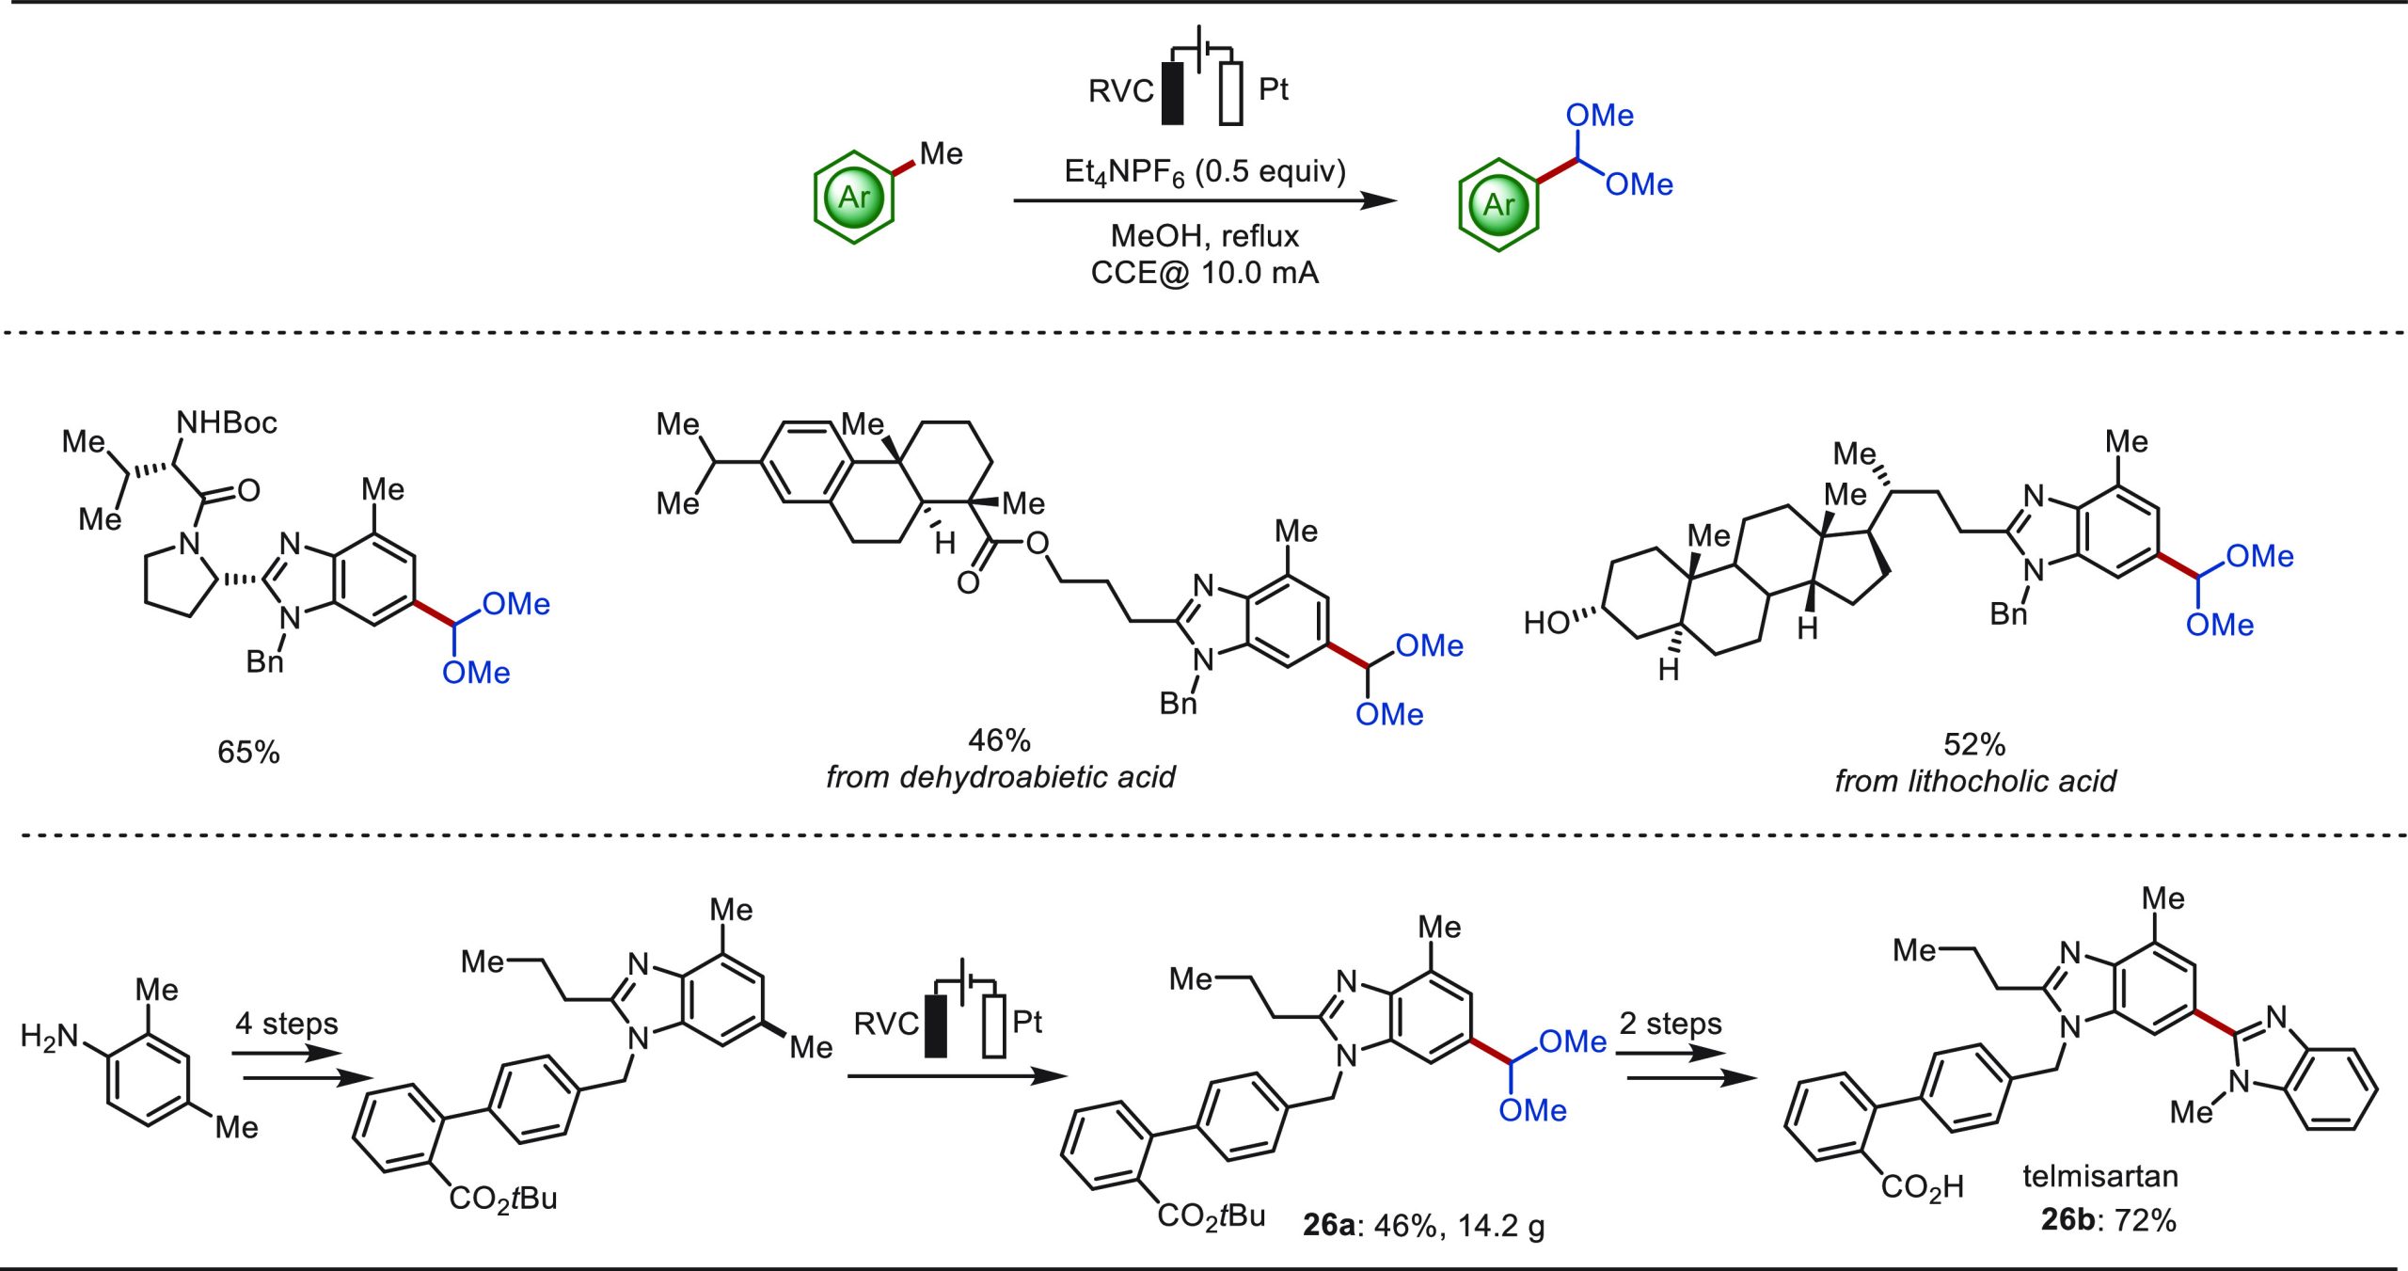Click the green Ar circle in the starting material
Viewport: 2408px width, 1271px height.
[853, 198]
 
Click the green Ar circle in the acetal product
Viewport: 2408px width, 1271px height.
[1498, 203]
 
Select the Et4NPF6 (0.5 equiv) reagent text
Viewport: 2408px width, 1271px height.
[1205, 172]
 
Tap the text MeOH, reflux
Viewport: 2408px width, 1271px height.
[1204, 235]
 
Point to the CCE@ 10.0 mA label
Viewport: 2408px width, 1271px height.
[1204, 273]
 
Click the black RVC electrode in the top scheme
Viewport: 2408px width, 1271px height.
[1172, 93]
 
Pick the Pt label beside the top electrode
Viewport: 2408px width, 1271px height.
[1273, 89]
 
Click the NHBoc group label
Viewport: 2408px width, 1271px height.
[227, 422]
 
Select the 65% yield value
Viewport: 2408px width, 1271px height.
[248, 752]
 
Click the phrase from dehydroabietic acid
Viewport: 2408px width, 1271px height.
[1000, 777]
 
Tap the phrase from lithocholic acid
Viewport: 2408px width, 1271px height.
[1974, 781]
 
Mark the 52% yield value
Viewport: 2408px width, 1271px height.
[1974, 745]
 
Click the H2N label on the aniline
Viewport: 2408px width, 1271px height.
[49, 1037]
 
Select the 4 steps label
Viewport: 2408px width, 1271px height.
[286, 1023]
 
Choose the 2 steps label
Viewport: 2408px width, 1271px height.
[1670, 1023]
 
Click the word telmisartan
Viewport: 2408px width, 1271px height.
[2099, 1176]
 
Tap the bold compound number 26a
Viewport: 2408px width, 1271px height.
[1328, 1225]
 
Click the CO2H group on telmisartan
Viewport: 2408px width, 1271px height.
[1922, 1187]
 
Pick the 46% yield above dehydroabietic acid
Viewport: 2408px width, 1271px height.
[999, 740]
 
